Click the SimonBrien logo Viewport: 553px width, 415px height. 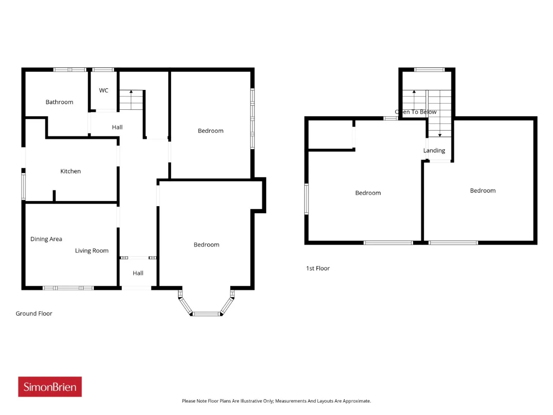coord(50,386)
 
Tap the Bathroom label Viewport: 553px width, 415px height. coord(59,102)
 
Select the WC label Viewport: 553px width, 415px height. coord(104,90)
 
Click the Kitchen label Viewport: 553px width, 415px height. coord(70,171)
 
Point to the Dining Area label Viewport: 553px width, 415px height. coord(46,239)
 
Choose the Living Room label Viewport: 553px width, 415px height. coord(92,250)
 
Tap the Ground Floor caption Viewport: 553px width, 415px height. coord(34,313)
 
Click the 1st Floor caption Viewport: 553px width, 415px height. coord(318,268)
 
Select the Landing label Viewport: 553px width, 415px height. coord(434,150)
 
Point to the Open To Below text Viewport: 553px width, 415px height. coord(416,112)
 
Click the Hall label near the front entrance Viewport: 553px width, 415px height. coord(138,273)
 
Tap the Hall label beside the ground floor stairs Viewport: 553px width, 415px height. coord(117,127)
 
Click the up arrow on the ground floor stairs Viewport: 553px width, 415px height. coord(131,99)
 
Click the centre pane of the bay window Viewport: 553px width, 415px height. coord(206,314)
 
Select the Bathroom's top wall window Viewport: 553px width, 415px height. coord(70,70)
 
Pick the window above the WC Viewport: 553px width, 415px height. coord(103,70)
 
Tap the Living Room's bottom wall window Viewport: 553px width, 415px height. coord(68,288)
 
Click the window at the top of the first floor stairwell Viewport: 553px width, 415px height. coord(429,70)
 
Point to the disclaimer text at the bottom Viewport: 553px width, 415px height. coord(276,401)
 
